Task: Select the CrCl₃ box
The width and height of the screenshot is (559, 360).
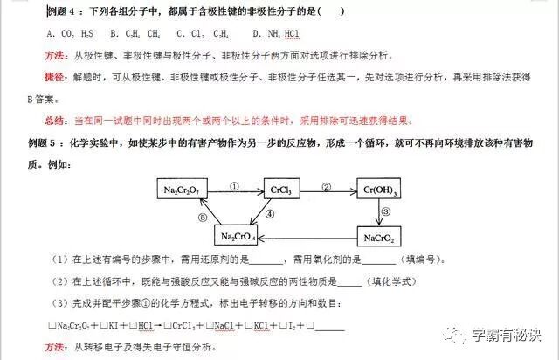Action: [x=281, y=190]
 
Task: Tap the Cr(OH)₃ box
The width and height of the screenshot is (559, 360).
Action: [x=382, y=190]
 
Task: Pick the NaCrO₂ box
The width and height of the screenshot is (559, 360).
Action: [x=382, y=235]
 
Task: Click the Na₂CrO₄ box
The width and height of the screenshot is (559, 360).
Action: [x=238, y=235]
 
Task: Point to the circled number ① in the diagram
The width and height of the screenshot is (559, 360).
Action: [x=234, y=184]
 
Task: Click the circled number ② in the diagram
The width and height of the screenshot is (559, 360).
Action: [x=327, y=184]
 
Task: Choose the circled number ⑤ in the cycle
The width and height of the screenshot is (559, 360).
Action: [x=203, y=218]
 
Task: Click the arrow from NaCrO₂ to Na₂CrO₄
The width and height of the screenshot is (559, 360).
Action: [x=310, y=235]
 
